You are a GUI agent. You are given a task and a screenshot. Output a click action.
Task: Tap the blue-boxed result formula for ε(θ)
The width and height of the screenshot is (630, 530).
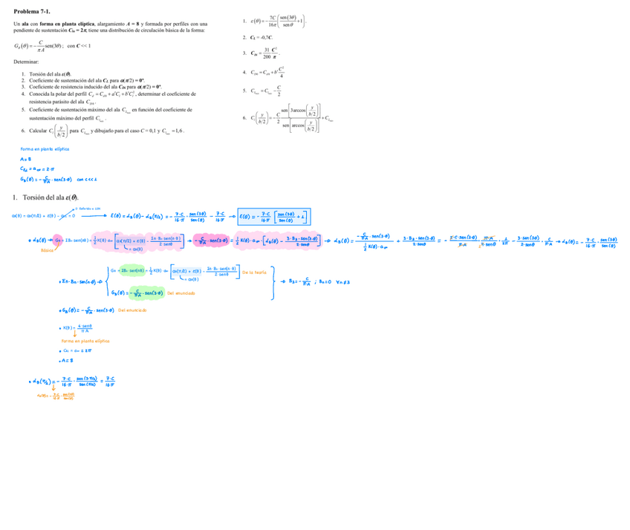tap(274, 216)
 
